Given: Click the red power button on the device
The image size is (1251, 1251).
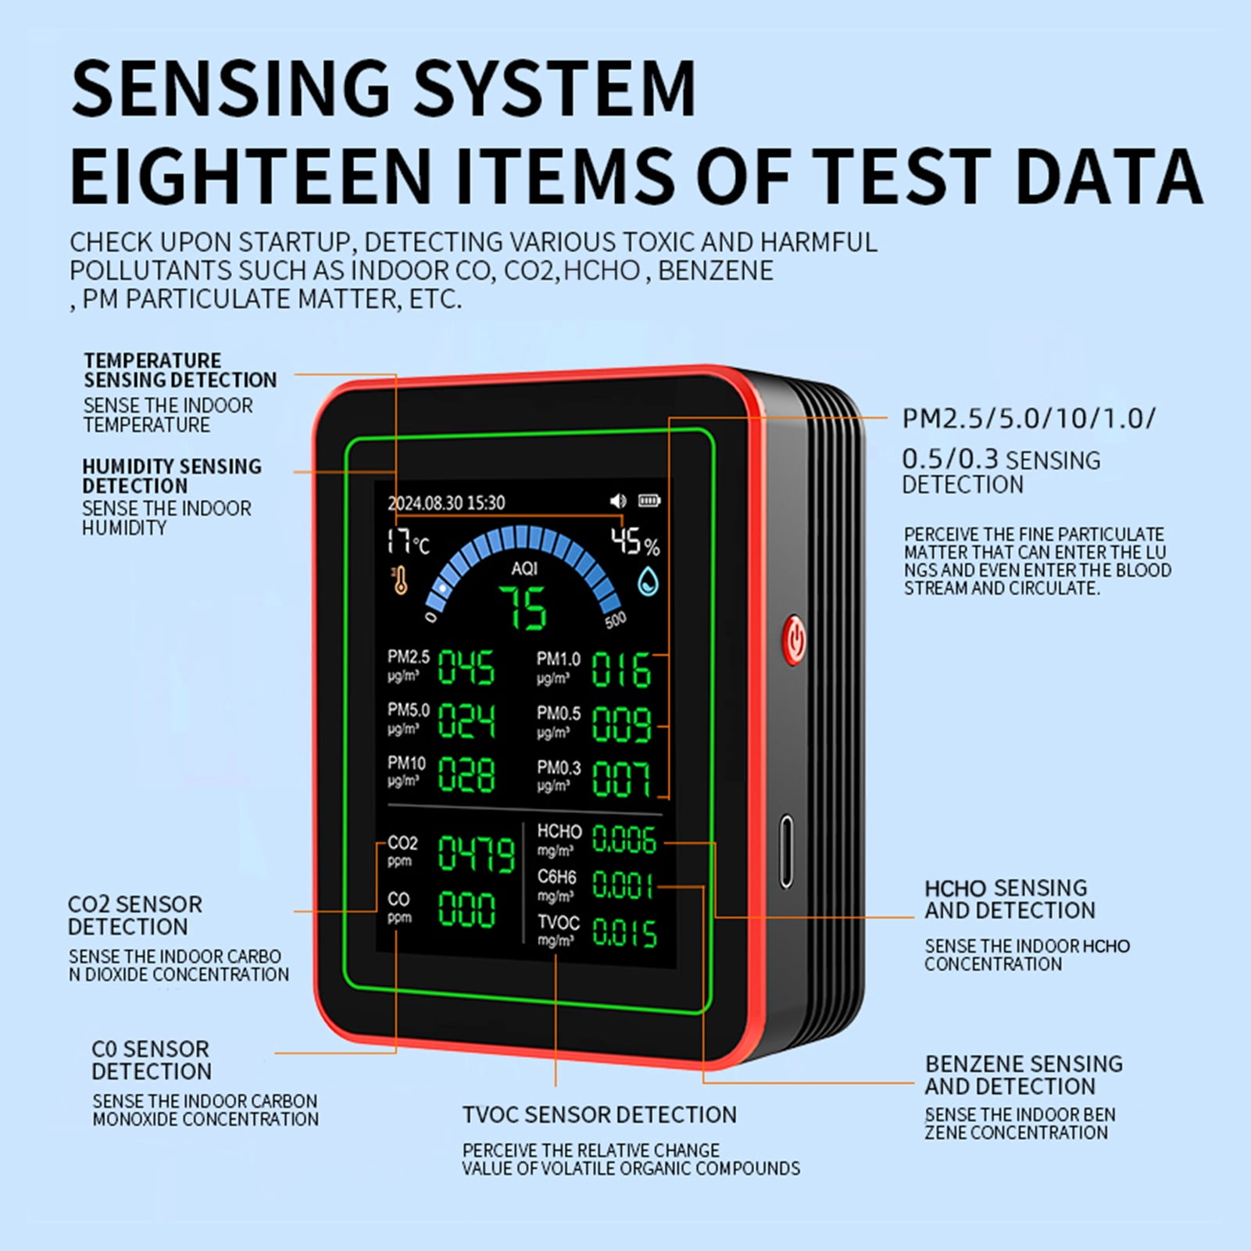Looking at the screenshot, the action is pyautogui.click(x=794, y=639).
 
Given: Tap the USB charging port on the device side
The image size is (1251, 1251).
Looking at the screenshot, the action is pyautogui.click(x=786, y=852).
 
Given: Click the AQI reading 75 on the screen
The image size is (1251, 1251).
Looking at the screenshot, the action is pyautogui.click(x=524, y=608).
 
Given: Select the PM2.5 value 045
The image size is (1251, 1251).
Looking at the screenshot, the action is pyautogui.click(x=466, y=667).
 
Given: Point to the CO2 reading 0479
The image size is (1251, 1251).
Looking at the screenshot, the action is pyautogui.click(x=476, y=853).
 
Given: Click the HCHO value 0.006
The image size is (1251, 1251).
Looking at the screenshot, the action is pyautogui.click(x=624, y=839).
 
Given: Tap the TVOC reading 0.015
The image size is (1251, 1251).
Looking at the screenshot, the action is pyautogui.click(x=624, y=931).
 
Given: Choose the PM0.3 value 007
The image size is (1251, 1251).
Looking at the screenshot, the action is pyautogui.click(x=621, y=778).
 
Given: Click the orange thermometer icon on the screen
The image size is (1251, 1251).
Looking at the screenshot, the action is pyautogui.click(x=400, y=580).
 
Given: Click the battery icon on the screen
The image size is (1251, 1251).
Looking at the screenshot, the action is pyautogui.click(x=649, y=500).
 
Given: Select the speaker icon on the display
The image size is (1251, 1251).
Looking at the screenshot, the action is pyautogui.click(x=618, y=500).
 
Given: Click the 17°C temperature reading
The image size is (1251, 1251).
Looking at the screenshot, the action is pyautogui.click(x=408, y=542).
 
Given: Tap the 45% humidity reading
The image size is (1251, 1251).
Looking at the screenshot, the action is pyautogui.click(x=634, y=541).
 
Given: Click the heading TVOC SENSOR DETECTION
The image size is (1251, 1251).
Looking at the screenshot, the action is pyautogui.click(x=599, y=1114).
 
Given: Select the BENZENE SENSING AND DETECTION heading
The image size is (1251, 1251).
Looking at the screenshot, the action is pyautogui.click(x=1024, y=1075).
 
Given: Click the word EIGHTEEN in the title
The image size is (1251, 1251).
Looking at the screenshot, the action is pyautogui.click(x=251, y=175).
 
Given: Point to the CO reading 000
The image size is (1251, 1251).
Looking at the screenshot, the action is pyautogui.click(x=466, y=910).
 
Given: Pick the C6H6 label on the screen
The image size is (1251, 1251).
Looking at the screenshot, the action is pyautogui.click(x=556, y=877).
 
